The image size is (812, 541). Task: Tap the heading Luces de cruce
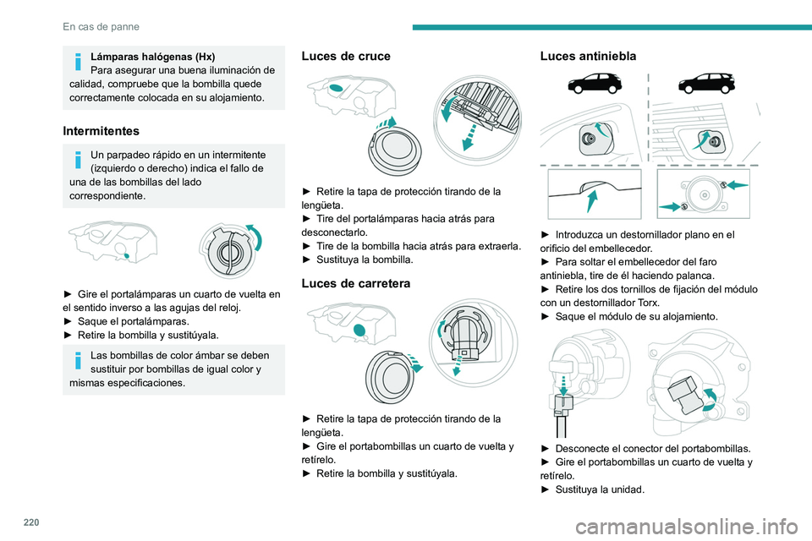pos(346,56)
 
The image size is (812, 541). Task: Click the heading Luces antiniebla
pos(588,56)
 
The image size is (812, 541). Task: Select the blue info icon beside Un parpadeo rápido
pos(77,161)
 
